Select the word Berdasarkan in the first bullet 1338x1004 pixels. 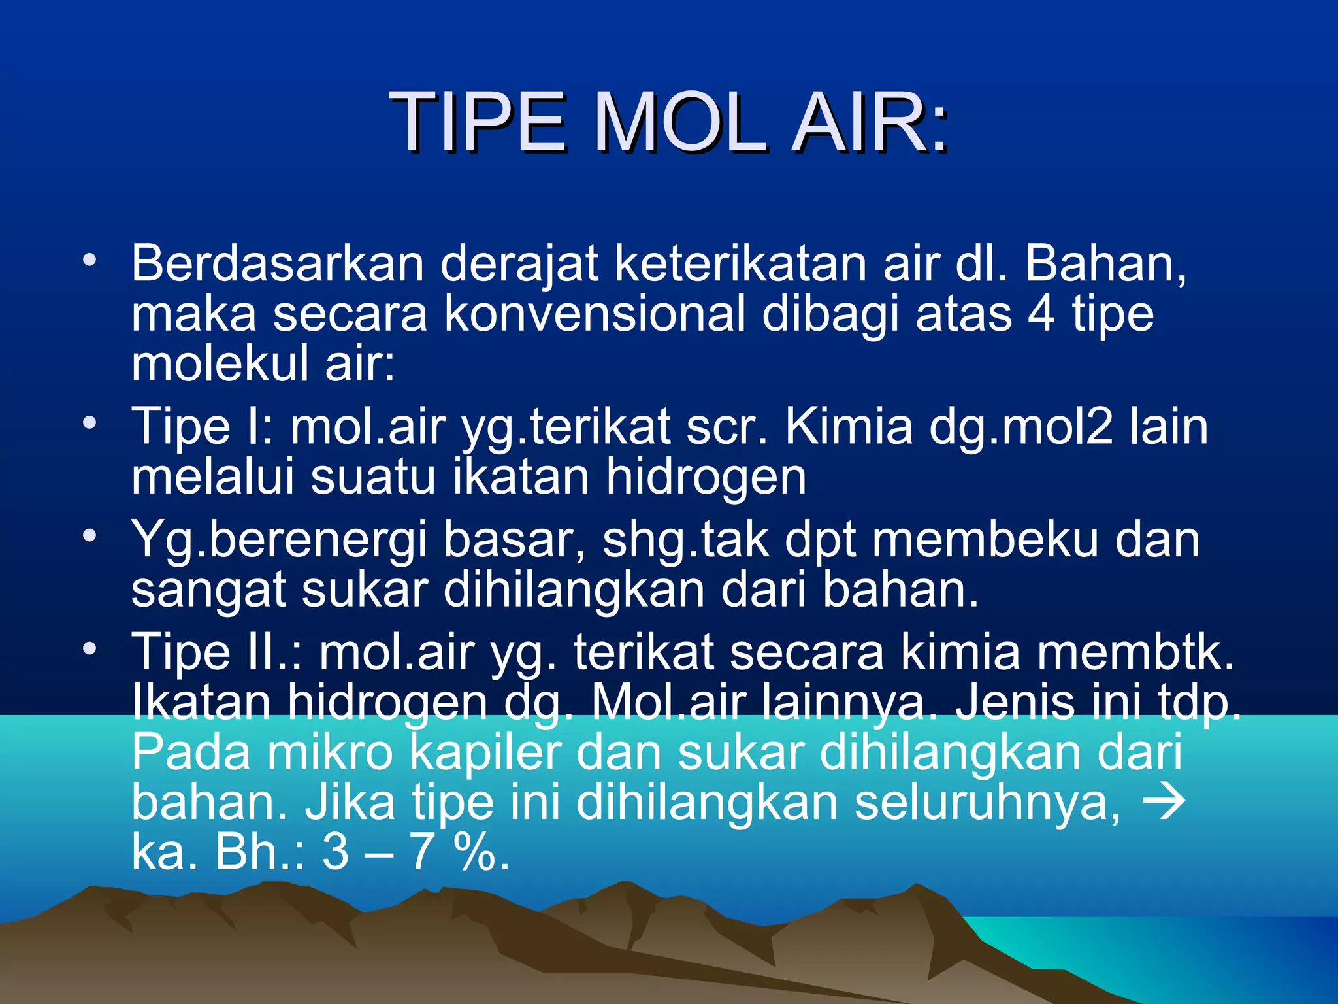278,263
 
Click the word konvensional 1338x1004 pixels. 595,314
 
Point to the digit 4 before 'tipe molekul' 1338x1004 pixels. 1041,314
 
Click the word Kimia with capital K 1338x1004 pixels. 848,427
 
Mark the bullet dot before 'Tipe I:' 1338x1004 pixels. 90,422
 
